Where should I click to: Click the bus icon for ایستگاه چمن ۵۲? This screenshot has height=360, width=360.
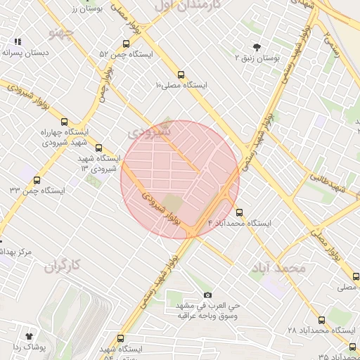[126, 44]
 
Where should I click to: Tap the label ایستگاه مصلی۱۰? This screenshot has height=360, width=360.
[182, 84]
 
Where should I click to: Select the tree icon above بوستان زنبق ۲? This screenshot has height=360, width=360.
[257, 47]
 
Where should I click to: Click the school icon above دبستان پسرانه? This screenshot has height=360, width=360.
[18, 42]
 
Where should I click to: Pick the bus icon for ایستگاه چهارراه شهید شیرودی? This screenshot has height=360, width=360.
[65, 121]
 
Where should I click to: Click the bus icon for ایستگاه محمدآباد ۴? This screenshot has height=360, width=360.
[240, 212]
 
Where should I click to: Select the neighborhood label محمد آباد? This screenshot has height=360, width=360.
[278, 268]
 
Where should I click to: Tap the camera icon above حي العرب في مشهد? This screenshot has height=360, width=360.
[207, 295]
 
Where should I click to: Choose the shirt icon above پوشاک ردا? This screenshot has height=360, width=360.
[29, 336]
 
